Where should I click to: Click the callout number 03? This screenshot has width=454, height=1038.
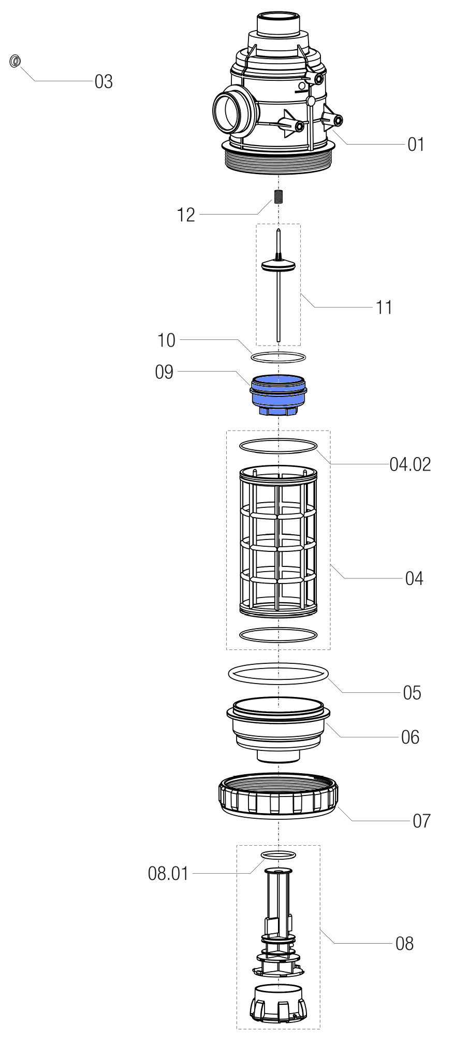point(104,82)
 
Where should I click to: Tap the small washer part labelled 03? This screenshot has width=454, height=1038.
point(16,61)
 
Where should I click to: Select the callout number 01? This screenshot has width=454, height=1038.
point(416,145)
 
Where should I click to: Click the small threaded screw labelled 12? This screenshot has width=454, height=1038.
point(279,197)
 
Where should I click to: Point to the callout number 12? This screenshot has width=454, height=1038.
point(186,215)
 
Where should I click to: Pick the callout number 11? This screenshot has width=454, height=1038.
point(384,308)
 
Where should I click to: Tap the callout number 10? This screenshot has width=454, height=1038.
point(166,340)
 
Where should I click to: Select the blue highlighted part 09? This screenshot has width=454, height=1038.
point(279,394)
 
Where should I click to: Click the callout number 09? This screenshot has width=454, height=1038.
point(164,372)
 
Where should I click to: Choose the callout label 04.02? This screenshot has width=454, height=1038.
point(410,464)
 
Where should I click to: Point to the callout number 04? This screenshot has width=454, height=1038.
point(414,578)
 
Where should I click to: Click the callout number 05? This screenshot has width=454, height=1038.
point(412,693)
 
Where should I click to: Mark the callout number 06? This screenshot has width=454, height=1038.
point(410,737)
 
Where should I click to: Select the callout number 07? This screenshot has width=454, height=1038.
point(421,821)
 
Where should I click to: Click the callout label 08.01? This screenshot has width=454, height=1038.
point(168,874)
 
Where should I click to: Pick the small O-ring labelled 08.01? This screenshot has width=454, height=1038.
point(279,855)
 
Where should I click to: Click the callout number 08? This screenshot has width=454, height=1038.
point(404,944)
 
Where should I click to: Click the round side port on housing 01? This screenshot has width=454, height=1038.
point(228,112)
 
